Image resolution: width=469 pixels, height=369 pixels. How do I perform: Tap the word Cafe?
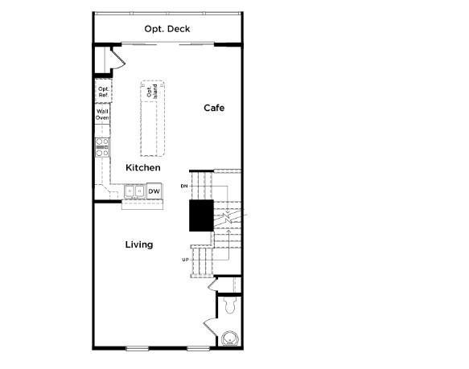click(x=213, y=108)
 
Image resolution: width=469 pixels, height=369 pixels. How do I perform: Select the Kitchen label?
click(x=143, y=167)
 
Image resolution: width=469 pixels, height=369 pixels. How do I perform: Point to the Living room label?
click(x=139, y=244)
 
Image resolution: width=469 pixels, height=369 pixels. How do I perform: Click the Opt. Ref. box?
click(x=103, y=92)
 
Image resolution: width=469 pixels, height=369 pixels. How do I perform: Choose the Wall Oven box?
click(x=103, y=115)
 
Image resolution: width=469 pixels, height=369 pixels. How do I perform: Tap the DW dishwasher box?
click(x=154, y=191)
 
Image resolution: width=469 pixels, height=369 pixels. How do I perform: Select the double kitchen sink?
click(x=134, y=191)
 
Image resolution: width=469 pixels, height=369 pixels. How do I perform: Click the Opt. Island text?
click(x=150, y=92)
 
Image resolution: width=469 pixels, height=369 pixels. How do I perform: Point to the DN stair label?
click(x=184, y=187)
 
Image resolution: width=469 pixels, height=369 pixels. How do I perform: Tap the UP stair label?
click(x=185, y=259)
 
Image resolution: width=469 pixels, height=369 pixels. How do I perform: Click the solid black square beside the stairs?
click(x=200, y=215)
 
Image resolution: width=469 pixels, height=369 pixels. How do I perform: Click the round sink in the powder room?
click(x=231, y=339)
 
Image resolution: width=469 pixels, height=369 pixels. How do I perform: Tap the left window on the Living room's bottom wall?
click(x=138, y=347)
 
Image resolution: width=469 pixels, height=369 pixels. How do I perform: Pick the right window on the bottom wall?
click(x=198, y=347)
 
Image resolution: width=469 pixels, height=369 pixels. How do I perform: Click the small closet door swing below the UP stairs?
click(x=213, y=284)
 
